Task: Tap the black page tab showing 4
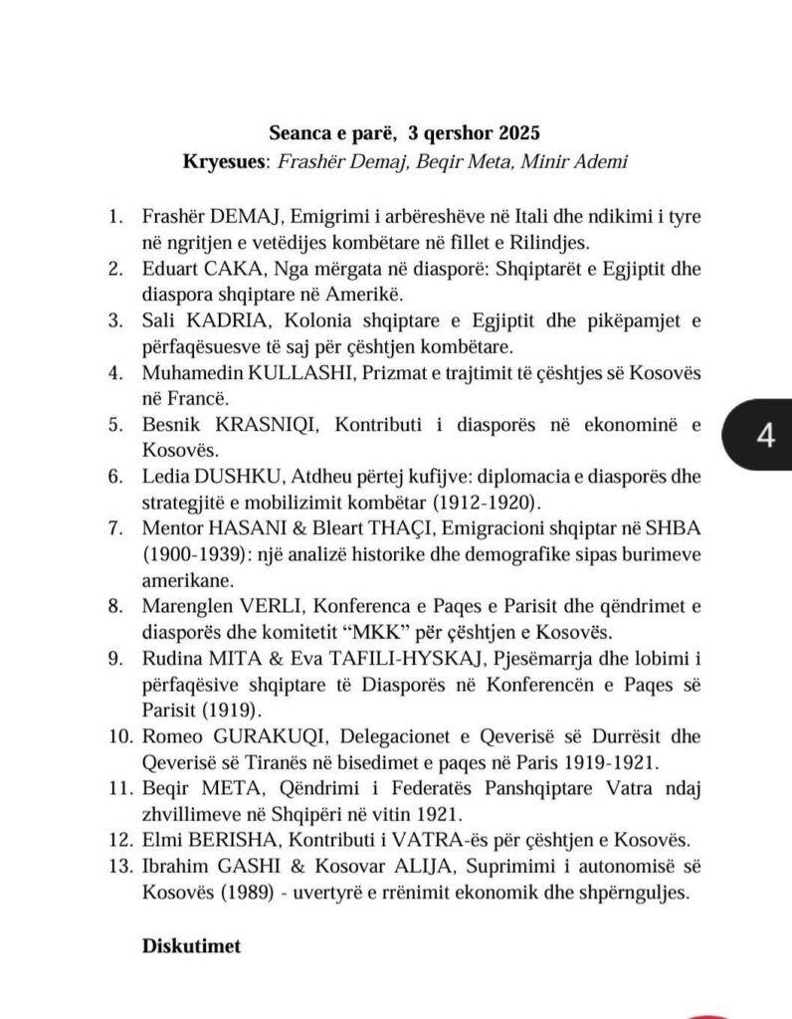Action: point(764,438)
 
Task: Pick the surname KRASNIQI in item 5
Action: point(263,424)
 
